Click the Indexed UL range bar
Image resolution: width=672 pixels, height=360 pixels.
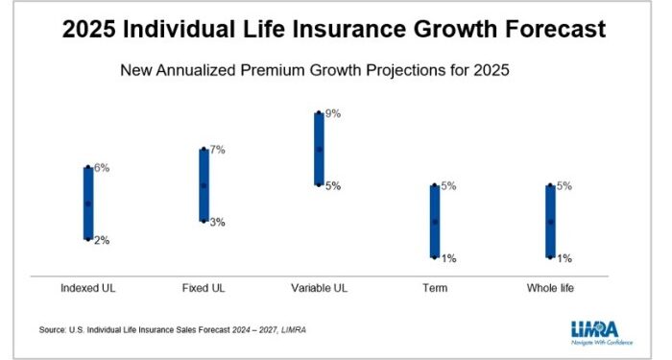click(88, 204)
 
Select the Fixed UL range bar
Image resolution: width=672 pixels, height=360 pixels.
click(204, 185)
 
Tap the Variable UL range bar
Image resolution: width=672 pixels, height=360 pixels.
click(319, 149)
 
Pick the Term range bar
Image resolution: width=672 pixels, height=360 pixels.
click(434, 222)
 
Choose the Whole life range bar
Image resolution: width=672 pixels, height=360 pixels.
click(550, 222)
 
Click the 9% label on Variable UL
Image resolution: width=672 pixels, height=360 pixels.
click(333, 113)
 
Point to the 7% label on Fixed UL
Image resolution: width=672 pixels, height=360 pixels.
click(218, 150)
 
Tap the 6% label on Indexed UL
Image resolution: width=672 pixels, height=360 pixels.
click(102, 168)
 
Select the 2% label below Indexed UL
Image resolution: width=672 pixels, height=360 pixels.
click(102, 240)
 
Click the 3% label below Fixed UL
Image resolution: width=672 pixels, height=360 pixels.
click(218, 222)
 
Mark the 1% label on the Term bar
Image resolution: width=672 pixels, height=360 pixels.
click(448, 258)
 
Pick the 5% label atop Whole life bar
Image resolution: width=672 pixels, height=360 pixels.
click(564, 186)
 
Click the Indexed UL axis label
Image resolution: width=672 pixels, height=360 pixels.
click(87, 288)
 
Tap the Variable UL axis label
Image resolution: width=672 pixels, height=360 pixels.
click(319, 288)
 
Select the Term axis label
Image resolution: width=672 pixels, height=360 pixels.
click(435, 288)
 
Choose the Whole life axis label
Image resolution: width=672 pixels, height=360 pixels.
click(550, 288)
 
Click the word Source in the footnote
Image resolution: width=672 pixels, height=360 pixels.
click(53, 329)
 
